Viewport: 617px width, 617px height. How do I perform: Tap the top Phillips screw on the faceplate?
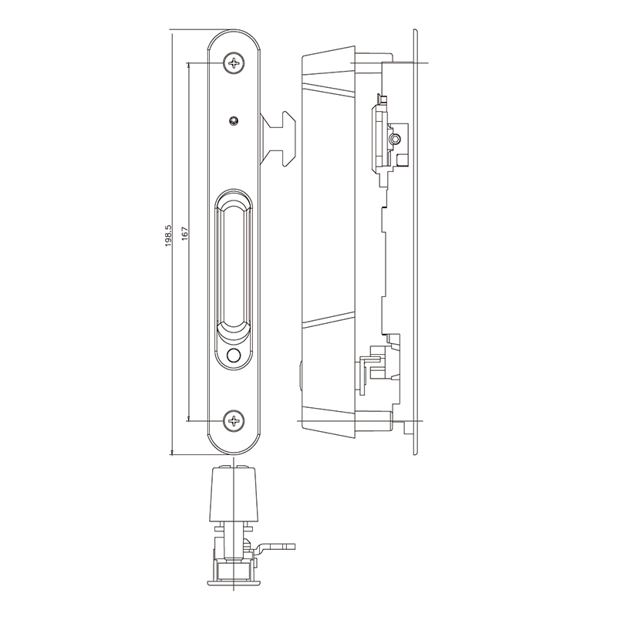[x=234, y=63]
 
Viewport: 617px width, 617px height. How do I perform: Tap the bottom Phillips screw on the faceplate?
[x=234, y=421]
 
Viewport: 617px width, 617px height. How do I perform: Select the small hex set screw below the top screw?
[x=234, y=120]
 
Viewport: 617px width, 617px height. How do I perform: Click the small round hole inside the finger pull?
[x=234, y=356]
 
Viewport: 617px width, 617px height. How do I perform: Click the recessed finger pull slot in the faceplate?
[x=233, y=262]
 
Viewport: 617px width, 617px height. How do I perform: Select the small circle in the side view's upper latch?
[x=394, y=139]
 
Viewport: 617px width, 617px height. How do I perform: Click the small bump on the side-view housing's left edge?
[x=298, y=376]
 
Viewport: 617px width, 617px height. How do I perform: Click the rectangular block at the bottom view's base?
[x=232, y=571]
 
